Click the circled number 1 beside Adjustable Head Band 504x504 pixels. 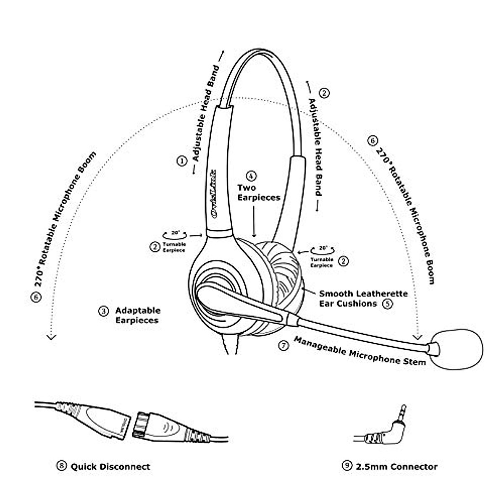(x=181, y=161)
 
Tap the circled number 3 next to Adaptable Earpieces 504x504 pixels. (x=103, y=311)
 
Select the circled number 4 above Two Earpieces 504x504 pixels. (x=252, y=175)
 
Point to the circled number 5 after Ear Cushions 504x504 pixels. (x=388, y=303)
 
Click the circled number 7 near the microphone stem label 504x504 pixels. (x=284, y=345)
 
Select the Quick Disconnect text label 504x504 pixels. (x=110, y=467)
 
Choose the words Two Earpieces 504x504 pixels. (x=258, y=192)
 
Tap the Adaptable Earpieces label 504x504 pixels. (x=138, y=315)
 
